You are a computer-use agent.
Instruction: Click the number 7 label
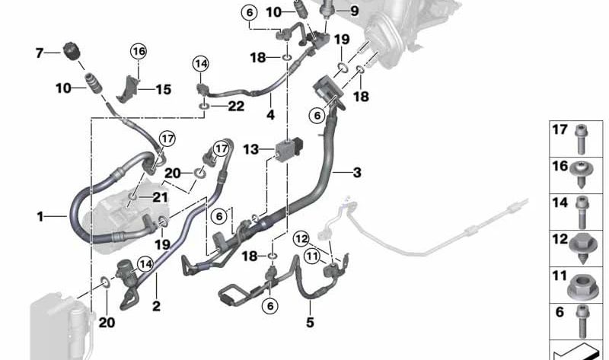pos(39,53)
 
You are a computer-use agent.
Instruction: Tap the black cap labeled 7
pos(72,50)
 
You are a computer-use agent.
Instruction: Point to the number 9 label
pos(354,11)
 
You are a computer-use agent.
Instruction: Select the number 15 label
pos(164,90)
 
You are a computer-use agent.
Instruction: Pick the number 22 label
pos(236,106)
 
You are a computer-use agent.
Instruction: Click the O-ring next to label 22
pos(204,106)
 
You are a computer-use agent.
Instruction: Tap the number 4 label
pos(270,115)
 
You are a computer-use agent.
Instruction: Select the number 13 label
pos(251,149)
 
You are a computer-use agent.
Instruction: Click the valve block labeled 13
pos(289,148)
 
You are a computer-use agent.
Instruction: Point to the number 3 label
pos(357,173)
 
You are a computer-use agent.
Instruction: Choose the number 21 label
pos(160,197)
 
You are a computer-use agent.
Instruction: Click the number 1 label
pos(40,216)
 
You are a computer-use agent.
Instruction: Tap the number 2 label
pos(156,306)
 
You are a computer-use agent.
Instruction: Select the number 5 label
pos(310,323)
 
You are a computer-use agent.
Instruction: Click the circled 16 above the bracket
pos(139,51)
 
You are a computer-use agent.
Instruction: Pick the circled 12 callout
pos(301,239)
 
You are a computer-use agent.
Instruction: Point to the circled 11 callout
pos(312,256)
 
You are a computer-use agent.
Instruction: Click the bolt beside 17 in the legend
pos(581,139)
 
